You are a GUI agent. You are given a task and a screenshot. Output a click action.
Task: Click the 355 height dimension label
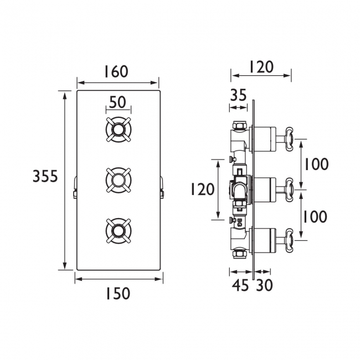pos(45,176)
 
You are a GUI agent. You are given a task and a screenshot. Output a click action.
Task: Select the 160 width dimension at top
pos(116,71)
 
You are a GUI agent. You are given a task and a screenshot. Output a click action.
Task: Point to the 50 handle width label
pos(117,102)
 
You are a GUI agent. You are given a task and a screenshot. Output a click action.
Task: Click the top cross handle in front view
pos(119,130)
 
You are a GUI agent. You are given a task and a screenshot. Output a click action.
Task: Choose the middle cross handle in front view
pos(119,180)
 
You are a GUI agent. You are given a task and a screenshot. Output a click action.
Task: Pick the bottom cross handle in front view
pos(119,230)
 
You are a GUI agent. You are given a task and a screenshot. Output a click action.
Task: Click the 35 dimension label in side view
pos(239,95)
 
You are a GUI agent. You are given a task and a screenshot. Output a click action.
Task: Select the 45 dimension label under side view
pos(240,285)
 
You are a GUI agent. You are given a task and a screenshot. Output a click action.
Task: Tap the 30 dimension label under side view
pos(264,285)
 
